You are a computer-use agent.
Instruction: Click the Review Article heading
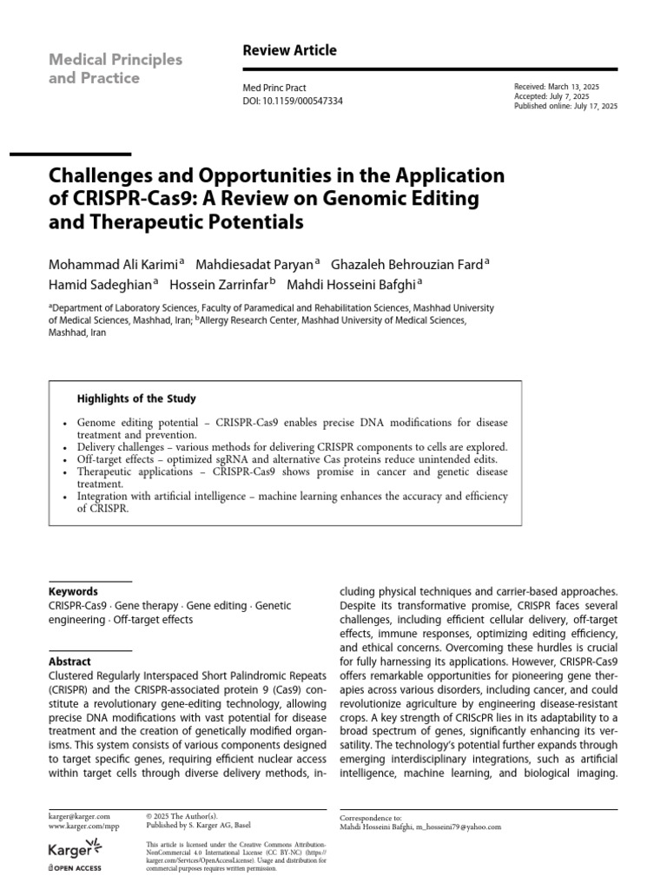[x=289, y=50]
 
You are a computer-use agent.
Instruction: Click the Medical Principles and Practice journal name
[x=116, y=69]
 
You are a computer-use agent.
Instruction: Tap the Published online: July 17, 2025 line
[x=566, y=106]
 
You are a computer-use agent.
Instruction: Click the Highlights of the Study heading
[x=136, y=399]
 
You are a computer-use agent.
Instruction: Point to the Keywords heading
[x=73, y=591]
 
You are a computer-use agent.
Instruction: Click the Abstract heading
[x=69, y=661]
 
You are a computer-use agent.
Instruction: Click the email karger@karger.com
[x=79, y=817]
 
